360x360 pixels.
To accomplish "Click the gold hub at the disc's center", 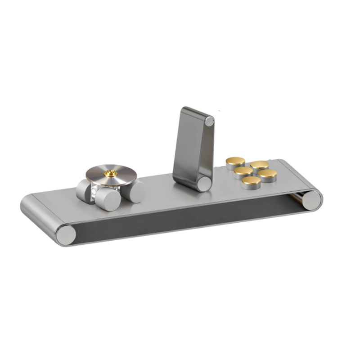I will point(109,173).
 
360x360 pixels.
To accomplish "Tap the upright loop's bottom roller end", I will point(204,183).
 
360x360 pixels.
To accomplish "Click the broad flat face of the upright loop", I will point(188,144).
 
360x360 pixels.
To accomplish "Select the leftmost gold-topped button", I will point(235,161).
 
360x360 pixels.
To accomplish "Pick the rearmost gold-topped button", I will point(260,165).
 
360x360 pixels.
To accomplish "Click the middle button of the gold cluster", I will point(243,171).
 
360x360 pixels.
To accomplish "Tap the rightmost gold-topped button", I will point(268,174).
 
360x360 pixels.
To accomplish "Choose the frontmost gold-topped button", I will point(251,181).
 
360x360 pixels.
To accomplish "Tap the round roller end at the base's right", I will point(310,199).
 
